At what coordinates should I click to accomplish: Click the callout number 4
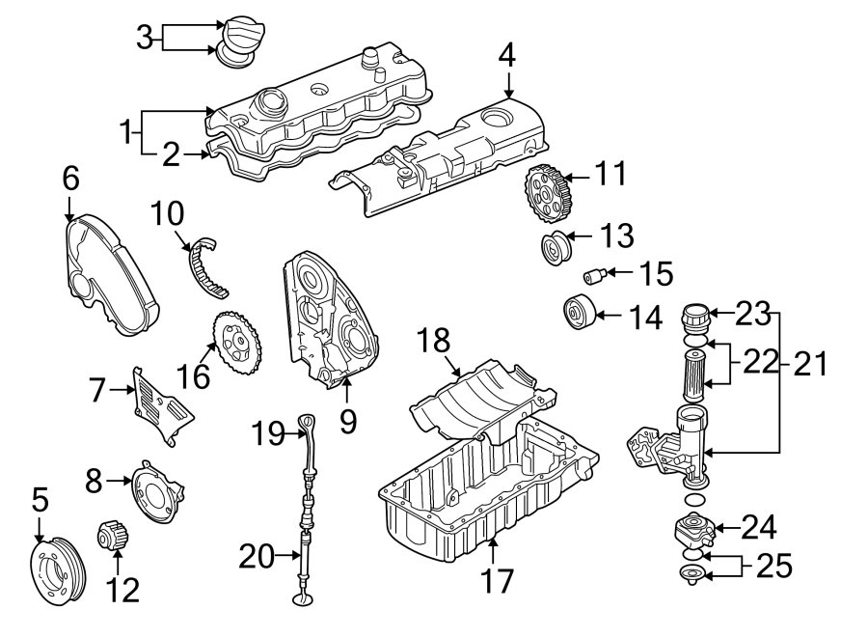point(507,58)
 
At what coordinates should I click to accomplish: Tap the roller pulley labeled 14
point(579,315)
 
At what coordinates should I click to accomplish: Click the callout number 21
point(810,365)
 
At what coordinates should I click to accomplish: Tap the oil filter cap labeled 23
point(694,319)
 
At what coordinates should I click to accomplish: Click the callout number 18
point(435,340)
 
